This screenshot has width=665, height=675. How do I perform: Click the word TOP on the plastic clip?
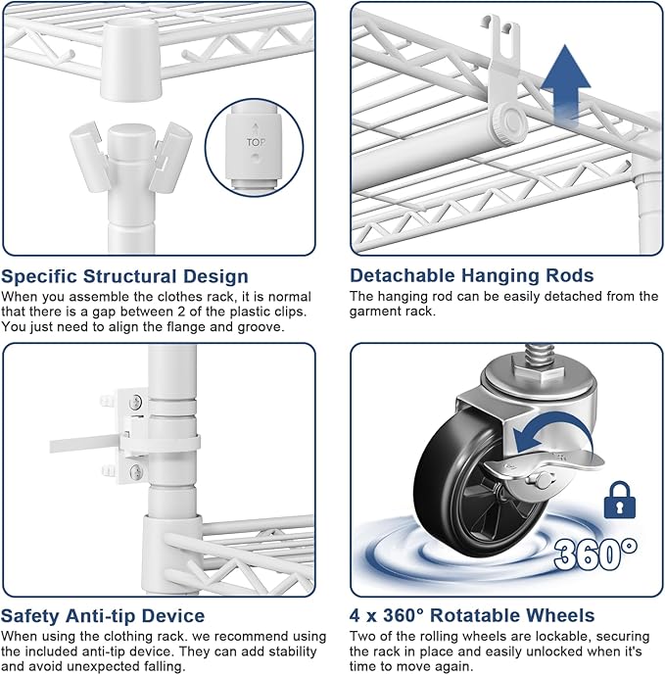pos(256,142)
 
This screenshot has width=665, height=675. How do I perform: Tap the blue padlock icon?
pos(620,500)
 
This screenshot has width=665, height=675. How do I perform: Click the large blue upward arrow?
pos(565,81)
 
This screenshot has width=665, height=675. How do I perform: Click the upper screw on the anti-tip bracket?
pos(136,403)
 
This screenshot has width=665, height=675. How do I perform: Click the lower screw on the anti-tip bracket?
pos(136,471)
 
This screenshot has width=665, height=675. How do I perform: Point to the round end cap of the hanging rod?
pos(511,122)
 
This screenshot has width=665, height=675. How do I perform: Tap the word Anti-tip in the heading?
pos(101,615)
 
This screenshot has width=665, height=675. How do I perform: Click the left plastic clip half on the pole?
pos(88,157)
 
